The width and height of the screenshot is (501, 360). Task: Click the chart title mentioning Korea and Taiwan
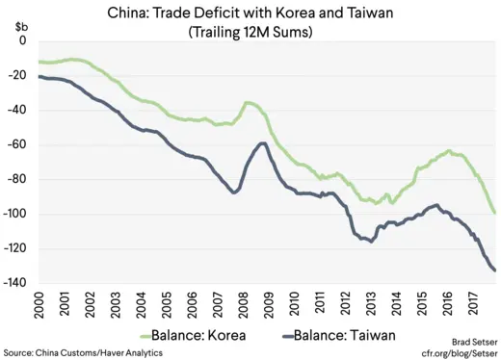(x=250, y=12)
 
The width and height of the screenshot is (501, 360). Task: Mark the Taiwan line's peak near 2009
(x=262, y=143)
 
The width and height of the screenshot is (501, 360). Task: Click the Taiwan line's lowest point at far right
(x=495, y=270)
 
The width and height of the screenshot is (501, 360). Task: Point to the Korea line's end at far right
(x=495, y=213)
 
